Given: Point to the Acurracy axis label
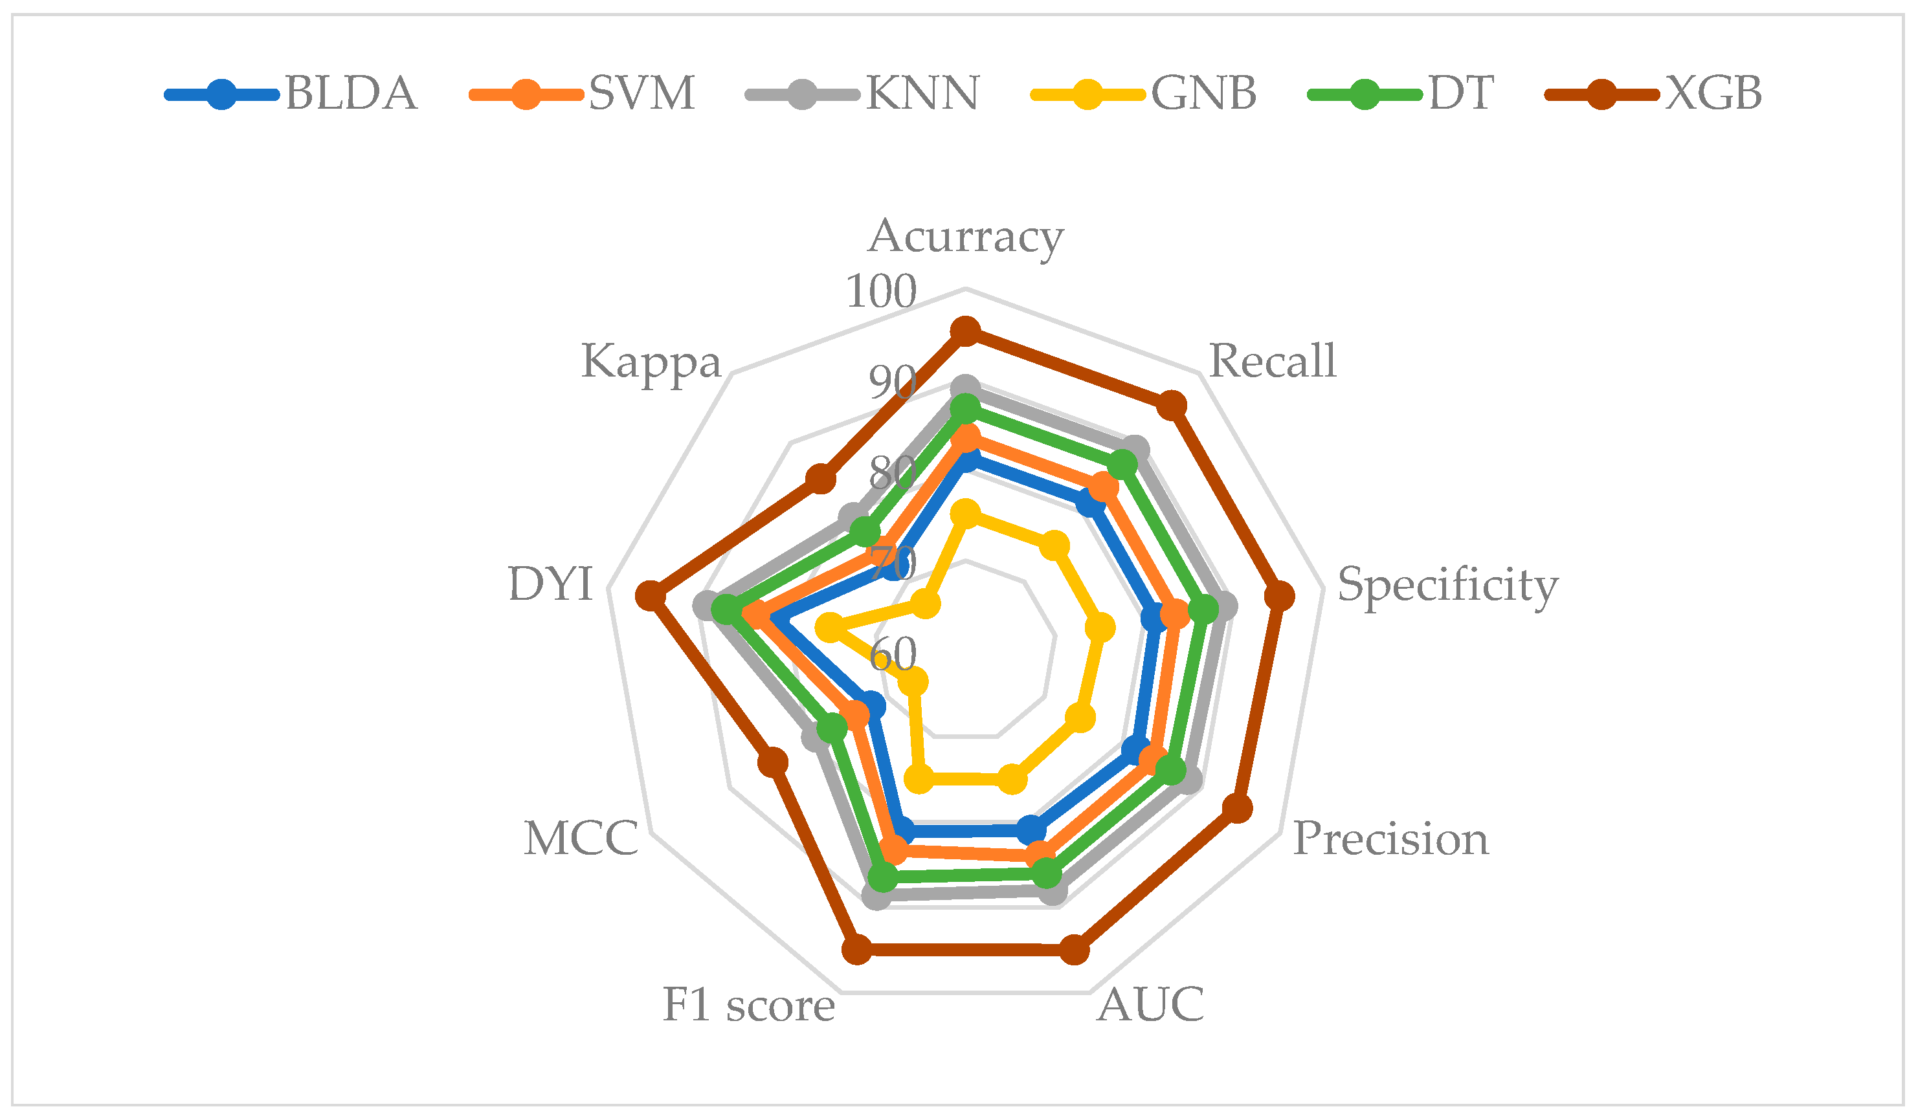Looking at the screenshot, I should [966, 237].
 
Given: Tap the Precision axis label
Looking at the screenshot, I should [1390, 839].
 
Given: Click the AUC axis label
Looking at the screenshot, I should [1151, 1005].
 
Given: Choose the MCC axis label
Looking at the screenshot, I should [581, 839].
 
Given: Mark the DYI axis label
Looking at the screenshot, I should [550, 584].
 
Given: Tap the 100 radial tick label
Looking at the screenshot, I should [882, 291].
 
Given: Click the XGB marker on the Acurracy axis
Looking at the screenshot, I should [966, 331].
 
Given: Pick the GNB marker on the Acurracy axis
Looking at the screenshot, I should [966, 515].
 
